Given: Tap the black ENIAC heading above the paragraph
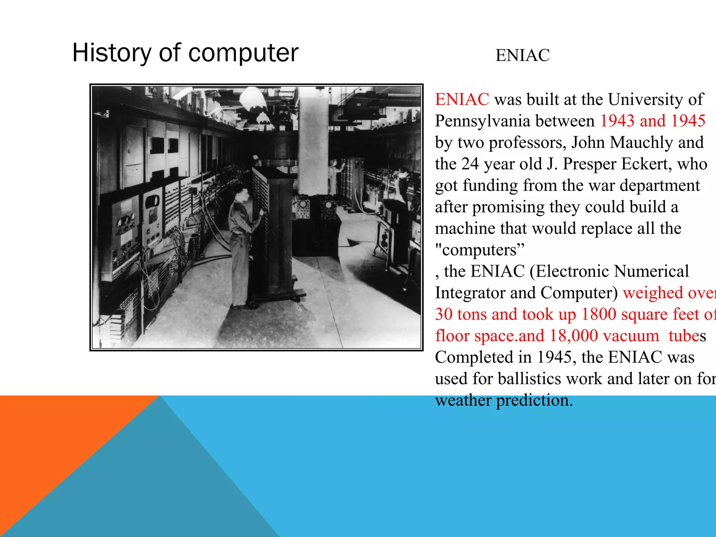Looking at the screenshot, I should click(522, 55).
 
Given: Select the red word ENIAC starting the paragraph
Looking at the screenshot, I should click(462, 99).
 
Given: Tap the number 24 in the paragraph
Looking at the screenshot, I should click(470, 164).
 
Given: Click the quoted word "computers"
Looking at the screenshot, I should click(480, 250).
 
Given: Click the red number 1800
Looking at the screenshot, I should click(599, 314).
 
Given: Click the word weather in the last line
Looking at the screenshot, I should click(463, 400).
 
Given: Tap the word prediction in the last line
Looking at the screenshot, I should click(534, 400).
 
